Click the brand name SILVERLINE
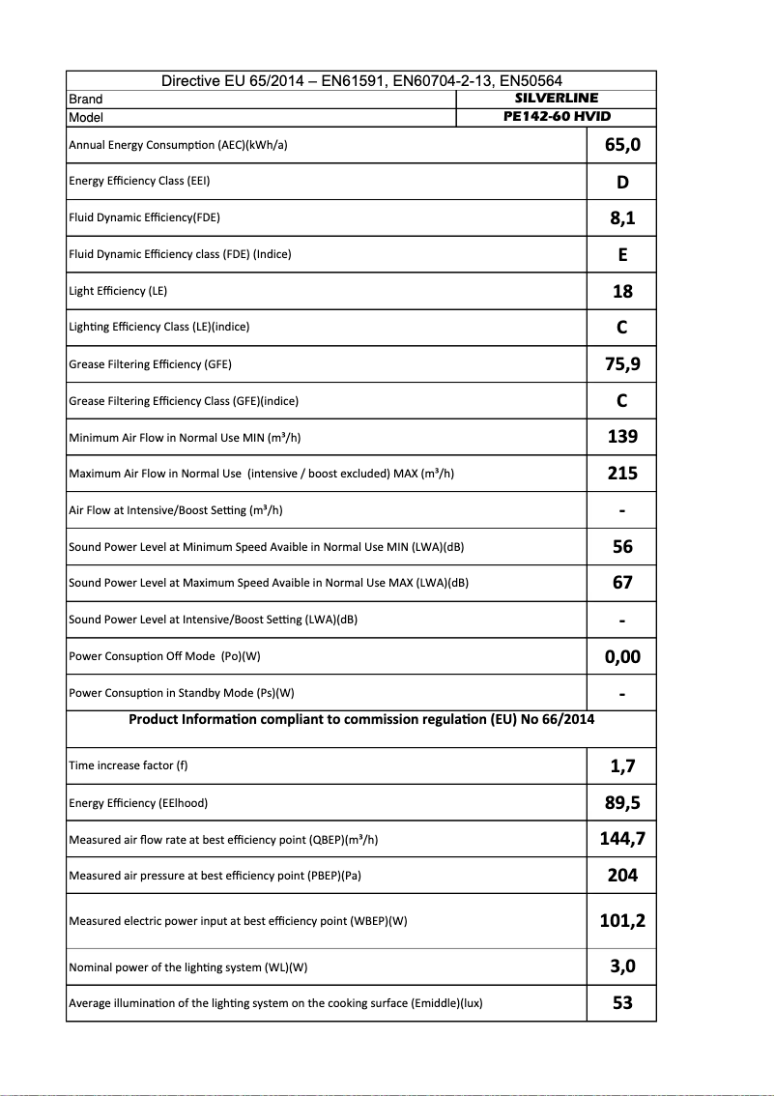(556, 98)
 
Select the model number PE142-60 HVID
(557, 116)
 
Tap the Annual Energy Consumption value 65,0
(622, 146)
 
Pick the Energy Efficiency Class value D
(622, 183)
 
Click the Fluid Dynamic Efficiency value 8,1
(622, 218)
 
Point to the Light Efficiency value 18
(622, 292)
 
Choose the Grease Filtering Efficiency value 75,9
(622, 364)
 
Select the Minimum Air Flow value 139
(622, 437)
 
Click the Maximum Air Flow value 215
(622, 474)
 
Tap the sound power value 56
(622, 547)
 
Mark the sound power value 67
(622, 583)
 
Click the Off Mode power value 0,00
(622, 657)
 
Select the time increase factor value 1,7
(622, 766)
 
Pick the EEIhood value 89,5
(622, 803)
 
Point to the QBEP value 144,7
(622, 839)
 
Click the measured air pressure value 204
(622, 876)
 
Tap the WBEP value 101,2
(622, 921)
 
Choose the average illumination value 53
(622, 1003)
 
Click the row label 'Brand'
(86, 99)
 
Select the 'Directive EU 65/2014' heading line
(361, 81)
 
